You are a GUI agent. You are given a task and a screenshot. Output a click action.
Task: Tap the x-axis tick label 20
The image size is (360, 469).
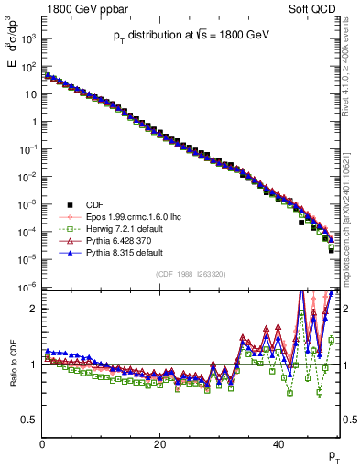pyautogui.click(x=160, y=442)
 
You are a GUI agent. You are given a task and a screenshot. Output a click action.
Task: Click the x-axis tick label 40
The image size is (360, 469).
pyautogui.click(x=278, y=442)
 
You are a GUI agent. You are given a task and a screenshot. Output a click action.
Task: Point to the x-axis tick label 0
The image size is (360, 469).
pyautogui.click(x=43, y=442)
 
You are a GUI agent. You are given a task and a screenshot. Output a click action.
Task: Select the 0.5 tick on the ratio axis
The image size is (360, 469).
pyautogui.click(x=29, y=420)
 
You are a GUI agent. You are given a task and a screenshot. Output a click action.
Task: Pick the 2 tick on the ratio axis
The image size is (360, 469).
pyautogui.click(x=34, y=309)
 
